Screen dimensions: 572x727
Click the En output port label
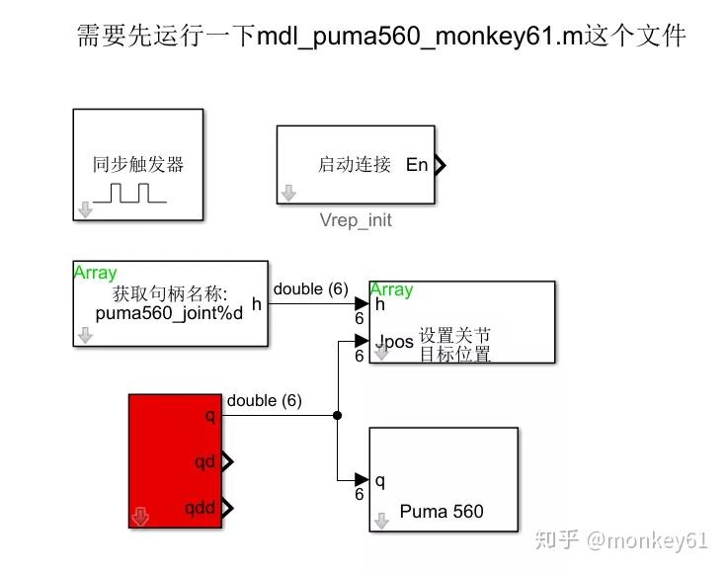click(x=417, y=165)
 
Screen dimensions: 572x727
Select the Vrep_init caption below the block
click(x=356, y=220)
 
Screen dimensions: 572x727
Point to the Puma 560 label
click(x=442, y=511)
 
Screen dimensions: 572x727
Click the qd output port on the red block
click(x=206, y=461)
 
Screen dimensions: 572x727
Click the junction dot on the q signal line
click(x=338, y=415)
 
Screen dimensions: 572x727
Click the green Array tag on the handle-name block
click(x=95, y=273)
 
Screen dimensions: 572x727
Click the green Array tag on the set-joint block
click(x=391, y=289)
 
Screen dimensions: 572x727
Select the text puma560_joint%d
click(x=169, y=313)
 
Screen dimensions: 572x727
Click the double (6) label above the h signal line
click(x=310, y=288)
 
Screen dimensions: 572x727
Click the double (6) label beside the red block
click(x=264, y=400)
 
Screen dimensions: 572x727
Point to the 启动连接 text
click(x=355, y=165)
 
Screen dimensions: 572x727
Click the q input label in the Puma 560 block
click(x=380, y=481)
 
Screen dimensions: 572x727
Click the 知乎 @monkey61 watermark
click(x=621, y=539)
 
